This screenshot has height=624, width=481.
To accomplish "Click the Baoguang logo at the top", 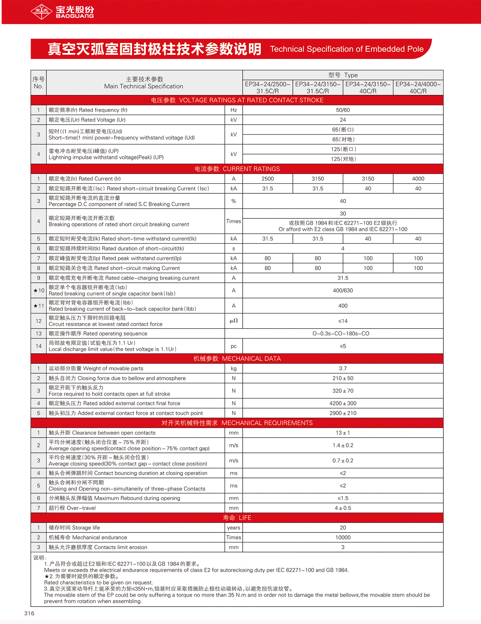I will click(62, 12).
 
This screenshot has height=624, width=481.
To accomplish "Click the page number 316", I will click(29, 613).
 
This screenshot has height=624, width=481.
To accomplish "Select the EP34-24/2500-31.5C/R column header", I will click(268, 87).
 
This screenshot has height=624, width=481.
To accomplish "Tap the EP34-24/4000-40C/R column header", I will click(418, 87).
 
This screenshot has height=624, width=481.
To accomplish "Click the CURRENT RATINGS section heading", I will click(237, 169).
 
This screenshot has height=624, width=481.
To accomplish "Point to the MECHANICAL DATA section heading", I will click(237, 358).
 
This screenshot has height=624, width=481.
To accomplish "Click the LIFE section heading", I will click(237, 518).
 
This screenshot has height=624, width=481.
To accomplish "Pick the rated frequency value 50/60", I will click(343, 110).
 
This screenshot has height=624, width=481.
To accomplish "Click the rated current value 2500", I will click(268, 179).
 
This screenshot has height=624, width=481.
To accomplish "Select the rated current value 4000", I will click(418, 179).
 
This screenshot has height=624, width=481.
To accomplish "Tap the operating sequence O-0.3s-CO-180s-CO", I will click(341, 334).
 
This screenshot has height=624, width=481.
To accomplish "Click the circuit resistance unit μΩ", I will click(234, 321).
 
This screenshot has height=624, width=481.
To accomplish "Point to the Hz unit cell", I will click(234, 110).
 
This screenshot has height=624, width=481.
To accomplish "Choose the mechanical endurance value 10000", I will click(343, 537).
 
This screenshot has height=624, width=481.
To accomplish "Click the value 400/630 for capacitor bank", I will click(343, 291).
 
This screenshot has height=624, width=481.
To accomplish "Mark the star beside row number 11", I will click(35, 306).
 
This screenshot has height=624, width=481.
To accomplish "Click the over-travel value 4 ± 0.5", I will click(343, 508).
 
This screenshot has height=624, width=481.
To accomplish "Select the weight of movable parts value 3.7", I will click(343, 368).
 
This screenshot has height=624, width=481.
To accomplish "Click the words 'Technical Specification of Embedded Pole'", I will click(347, 49).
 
